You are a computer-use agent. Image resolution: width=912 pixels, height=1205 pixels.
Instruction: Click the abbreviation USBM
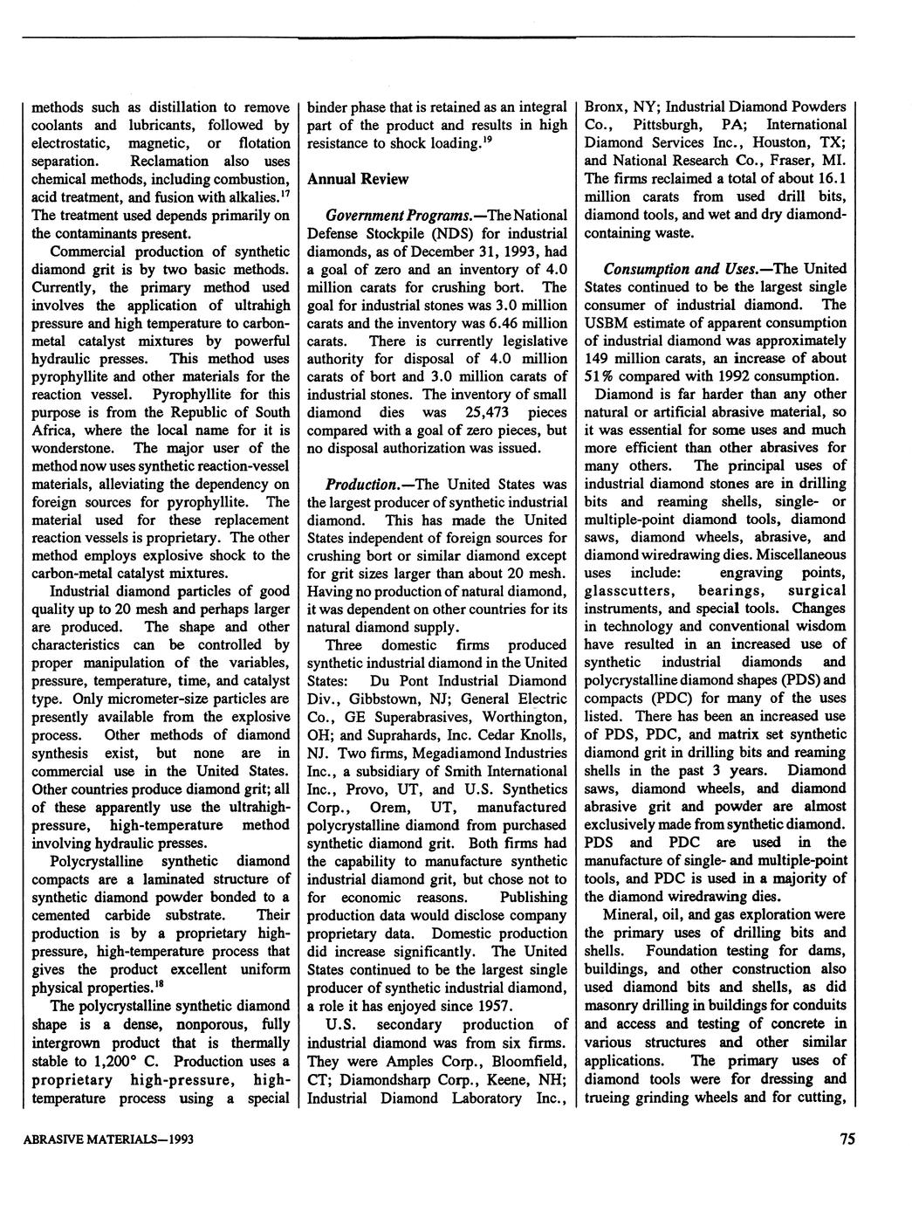(x=607, y=322)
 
